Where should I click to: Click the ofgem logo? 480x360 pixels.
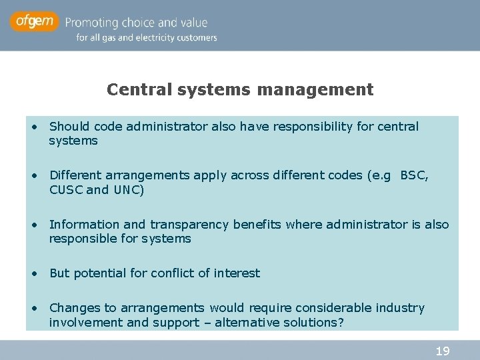click(35, 22)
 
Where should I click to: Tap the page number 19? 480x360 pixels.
click(442, 351)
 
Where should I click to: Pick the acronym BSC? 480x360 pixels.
click(413, 175)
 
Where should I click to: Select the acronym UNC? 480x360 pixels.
click(126, 189)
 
